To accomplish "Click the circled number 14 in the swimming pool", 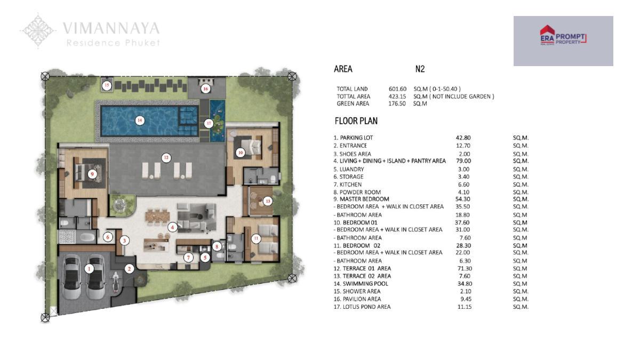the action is point(140,121).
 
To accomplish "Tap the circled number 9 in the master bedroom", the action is point(92,174).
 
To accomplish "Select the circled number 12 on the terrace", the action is point(166,158).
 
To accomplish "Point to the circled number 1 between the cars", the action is point(89,269).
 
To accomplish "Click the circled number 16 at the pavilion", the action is point(205,89).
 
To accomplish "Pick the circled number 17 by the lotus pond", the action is point(209,123).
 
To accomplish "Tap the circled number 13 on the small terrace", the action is point(268,201).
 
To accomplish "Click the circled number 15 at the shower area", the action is point(107,85).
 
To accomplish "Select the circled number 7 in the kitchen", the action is point(188,258).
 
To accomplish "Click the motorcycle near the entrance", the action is point(116,282).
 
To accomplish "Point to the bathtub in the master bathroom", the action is point(87,237).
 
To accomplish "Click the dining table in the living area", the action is point(157,215).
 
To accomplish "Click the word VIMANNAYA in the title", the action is point(111,29).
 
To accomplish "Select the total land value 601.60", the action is point(397,89).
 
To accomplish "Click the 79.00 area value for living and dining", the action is point(463,161).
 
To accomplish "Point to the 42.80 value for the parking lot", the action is point(463,138).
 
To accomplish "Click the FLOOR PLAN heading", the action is point(356,121).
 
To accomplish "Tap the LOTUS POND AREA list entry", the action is point(362,307).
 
